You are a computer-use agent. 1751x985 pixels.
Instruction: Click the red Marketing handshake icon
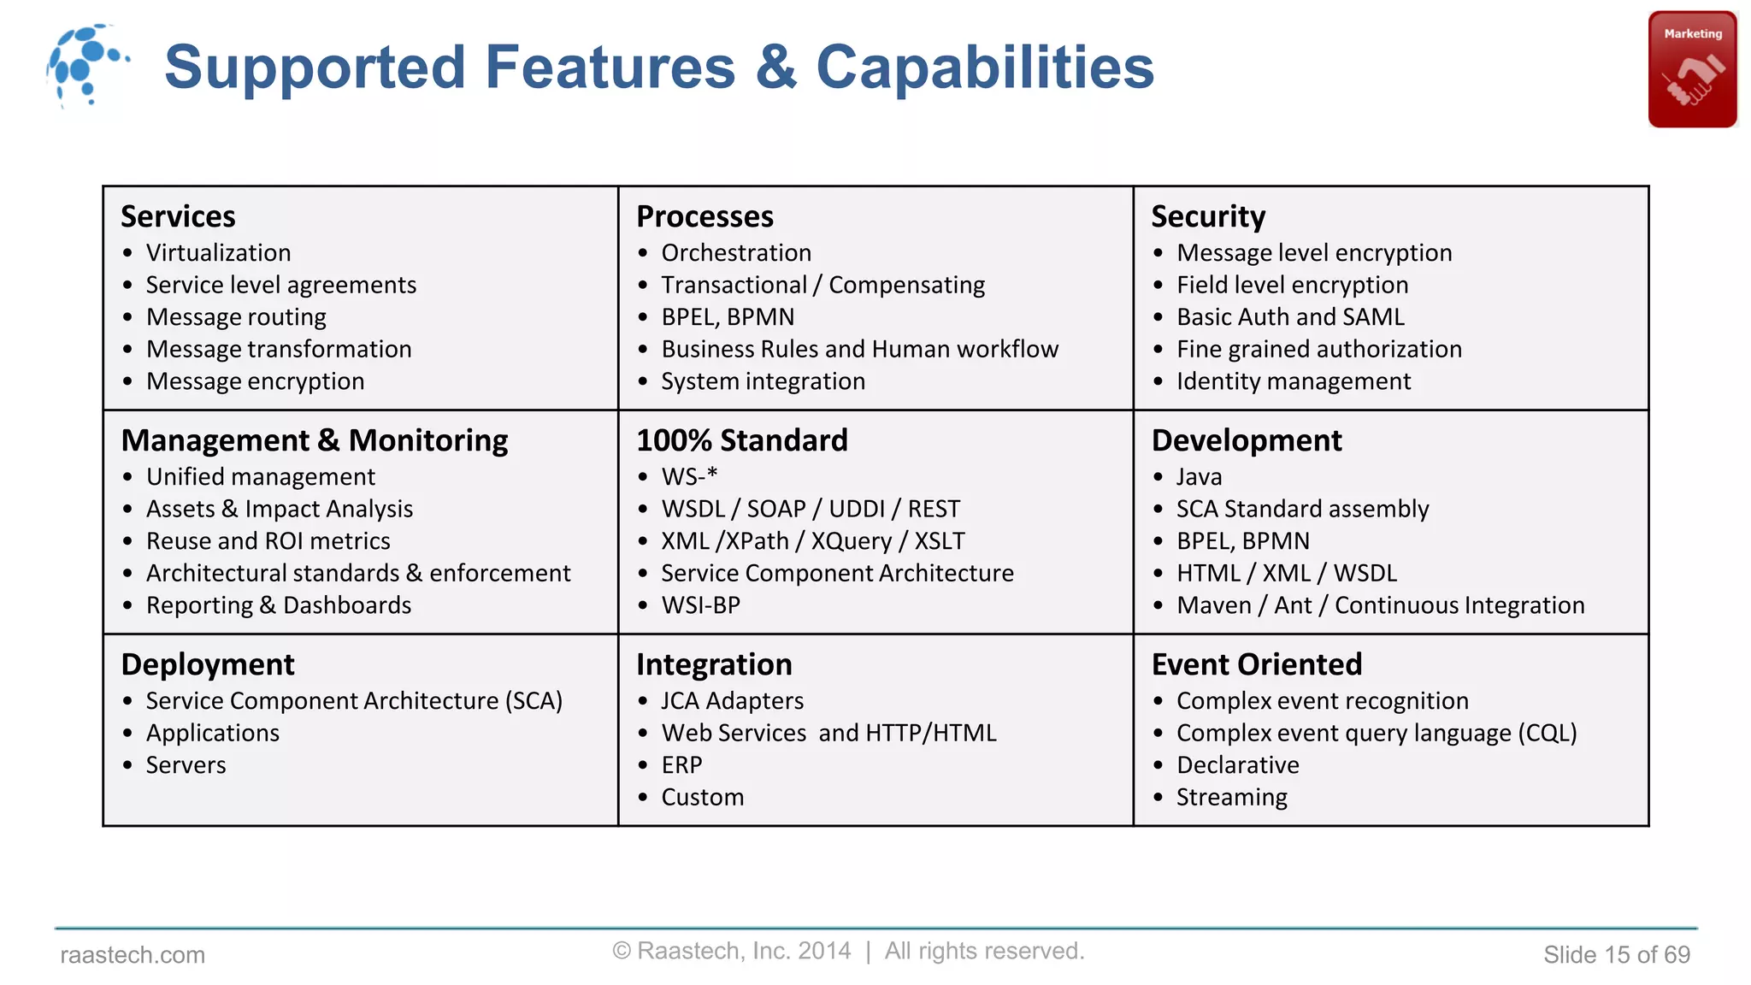[1692, 69]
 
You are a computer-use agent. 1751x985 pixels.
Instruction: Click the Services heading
[178, 216]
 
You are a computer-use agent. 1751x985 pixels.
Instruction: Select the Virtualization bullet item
[218, 253]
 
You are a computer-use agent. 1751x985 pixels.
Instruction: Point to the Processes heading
[705, 216]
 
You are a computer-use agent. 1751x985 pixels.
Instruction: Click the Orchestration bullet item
[736, 253]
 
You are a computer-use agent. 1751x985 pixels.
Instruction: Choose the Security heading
[1207, 216]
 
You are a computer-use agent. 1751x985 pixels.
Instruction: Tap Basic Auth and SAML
[1290, 317]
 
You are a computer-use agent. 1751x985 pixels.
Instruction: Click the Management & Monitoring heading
[315, 440]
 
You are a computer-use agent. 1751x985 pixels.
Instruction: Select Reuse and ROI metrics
[268, 541]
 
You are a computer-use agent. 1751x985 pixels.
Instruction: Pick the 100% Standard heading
[741, 440]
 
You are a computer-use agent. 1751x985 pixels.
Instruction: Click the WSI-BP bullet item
[700, 605]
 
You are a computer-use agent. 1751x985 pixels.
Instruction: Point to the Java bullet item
[1199, 477]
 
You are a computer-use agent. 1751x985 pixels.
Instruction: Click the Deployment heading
[208, 664]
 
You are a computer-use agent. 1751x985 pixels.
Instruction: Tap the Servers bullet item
[186, 765]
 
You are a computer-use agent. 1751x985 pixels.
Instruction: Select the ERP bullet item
[681, 765]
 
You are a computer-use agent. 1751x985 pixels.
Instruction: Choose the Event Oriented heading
[1256, 664]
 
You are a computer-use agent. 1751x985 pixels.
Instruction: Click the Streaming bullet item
[1231, 798]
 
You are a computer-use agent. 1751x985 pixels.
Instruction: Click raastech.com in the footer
[133, 955]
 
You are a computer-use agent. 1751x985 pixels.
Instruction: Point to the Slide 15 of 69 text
[1616, 955]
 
